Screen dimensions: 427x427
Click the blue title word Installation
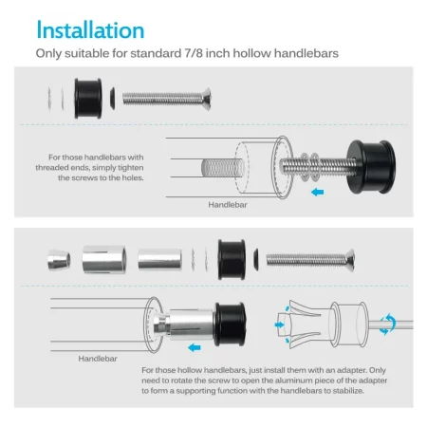pyautogui.click(x=90, y=30)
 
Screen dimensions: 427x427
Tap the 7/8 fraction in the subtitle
pyautogui.click(x=194, y=53)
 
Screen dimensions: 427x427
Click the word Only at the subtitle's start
pyautogui.click(x=48, y=53)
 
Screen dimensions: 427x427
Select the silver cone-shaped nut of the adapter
pyautogui.click(x=59, y=260)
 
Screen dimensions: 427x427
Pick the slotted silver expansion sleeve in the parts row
pyautogui.click(x=104, y=260)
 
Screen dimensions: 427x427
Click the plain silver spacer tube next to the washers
pyautogui.click(x=159, y=259)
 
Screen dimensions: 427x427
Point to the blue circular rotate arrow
pyautogui.click(x=388, y=325)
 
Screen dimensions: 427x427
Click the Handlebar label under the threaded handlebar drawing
pyautogui.click(x=228, y=205)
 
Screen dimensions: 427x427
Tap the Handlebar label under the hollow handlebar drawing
pyautogui.click(x=98, y=359)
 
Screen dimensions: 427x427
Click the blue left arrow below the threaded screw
pyautogui.click(x=317, y=192)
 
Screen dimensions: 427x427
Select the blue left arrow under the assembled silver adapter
pyautogui.click(x=195, y=347)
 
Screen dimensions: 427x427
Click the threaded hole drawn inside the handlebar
pyautogui.click(x=223, y=168)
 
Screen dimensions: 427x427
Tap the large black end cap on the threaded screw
pyautogui.click(x=371, y=167)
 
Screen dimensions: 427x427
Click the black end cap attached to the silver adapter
pyautogui.click(x=230, y=325)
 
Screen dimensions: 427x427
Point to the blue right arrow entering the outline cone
pyautogui.click(x=279, y=325)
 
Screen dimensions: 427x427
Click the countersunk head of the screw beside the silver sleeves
pyautogui.click(x=349, y=260)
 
